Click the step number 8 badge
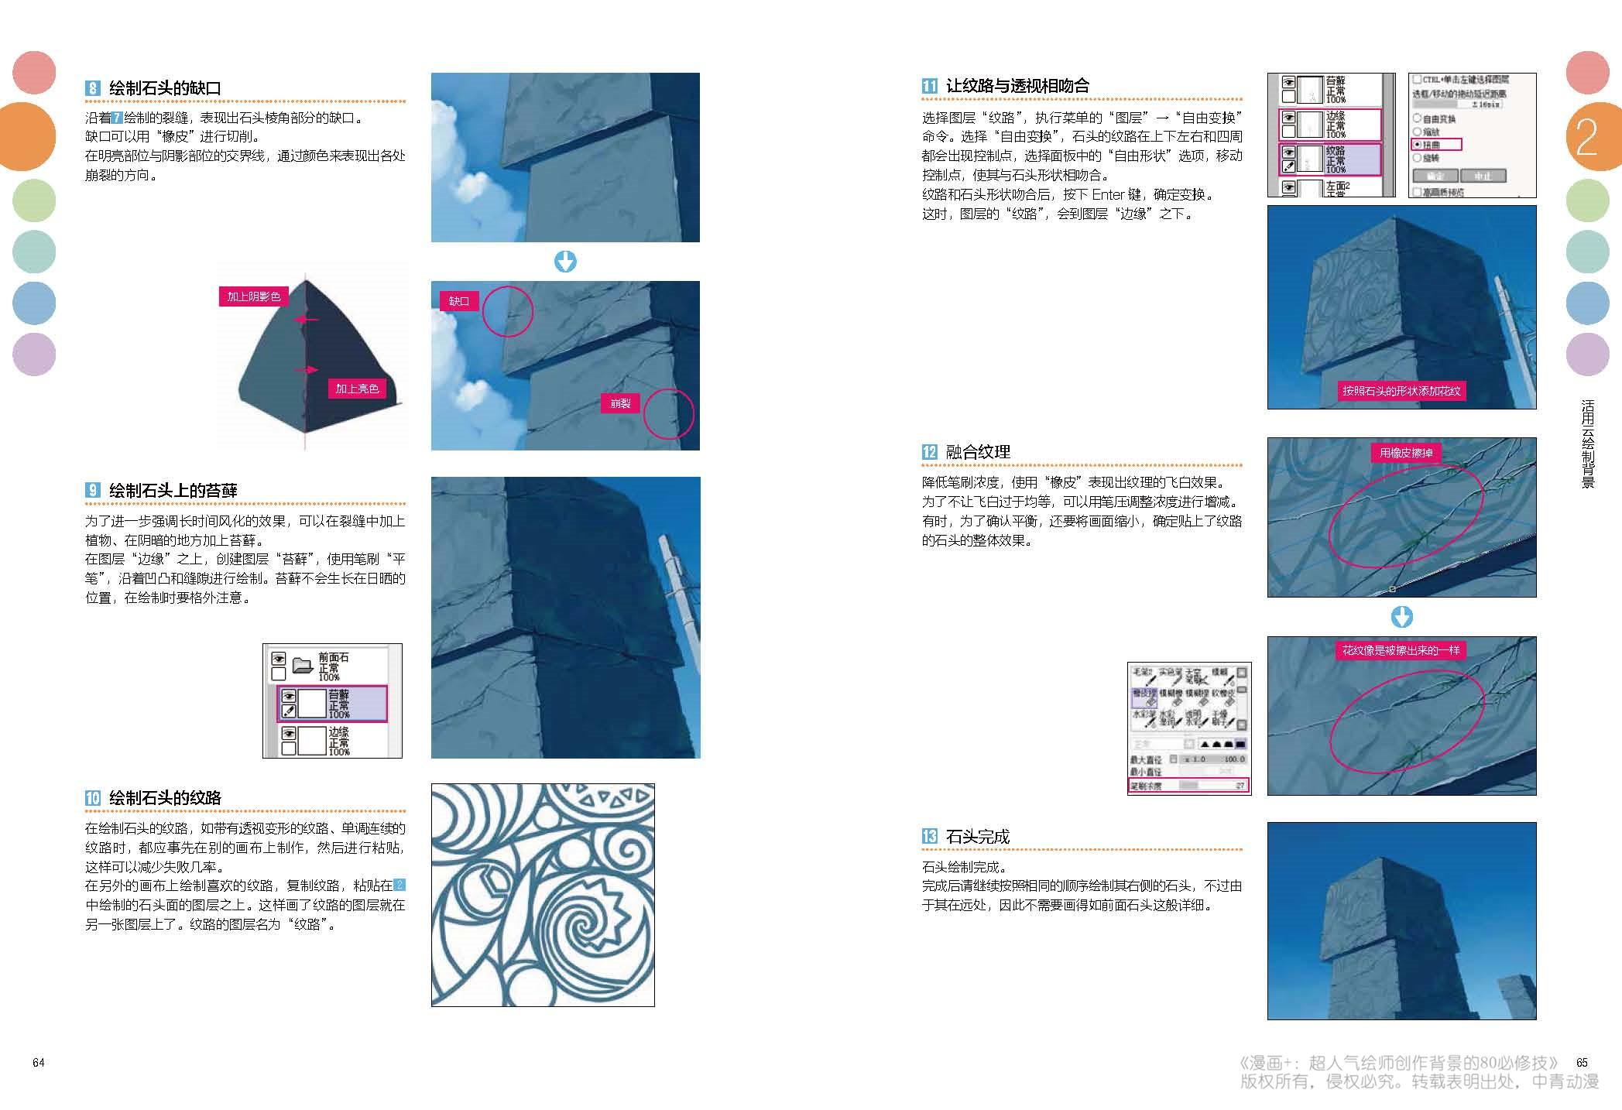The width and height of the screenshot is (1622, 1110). click(93, 88)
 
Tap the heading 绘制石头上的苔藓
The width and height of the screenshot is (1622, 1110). click(173, 490)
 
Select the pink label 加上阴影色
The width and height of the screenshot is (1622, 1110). click(253, 296)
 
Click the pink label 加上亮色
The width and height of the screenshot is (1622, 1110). click(357, 389)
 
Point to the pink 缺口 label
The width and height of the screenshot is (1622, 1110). click(459, 301)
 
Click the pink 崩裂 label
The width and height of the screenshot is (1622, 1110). click(620, 403)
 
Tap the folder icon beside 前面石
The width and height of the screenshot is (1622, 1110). click(302, 664)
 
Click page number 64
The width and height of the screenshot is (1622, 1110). click(39, 1063)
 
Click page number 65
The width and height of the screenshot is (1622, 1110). click(1582, 1063)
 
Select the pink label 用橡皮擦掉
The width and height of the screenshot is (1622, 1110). click(1406, 453)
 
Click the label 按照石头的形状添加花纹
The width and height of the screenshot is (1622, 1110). click(1401, 391)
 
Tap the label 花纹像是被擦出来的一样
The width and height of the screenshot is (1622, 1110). click(1401, 650)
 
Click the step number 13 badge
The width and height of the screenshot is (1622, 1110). click(930, 836)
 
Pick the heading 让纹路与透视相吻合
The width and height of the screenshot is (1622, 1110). click(1017, 86)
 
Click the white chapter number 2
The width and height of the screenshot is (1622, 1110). click(1586, 138)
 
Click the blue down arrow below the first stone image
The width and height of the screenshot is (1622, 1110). click(565, 262)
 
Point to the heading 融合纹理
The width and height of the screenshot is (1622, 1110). click(978, 452)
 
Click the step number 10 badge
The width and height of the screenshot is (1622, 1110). click(93, 798)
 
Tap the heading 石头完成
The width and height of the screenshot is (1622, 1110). click(978, 836)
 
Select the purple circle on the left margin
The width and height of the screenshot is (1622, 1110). click(34, 355)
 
